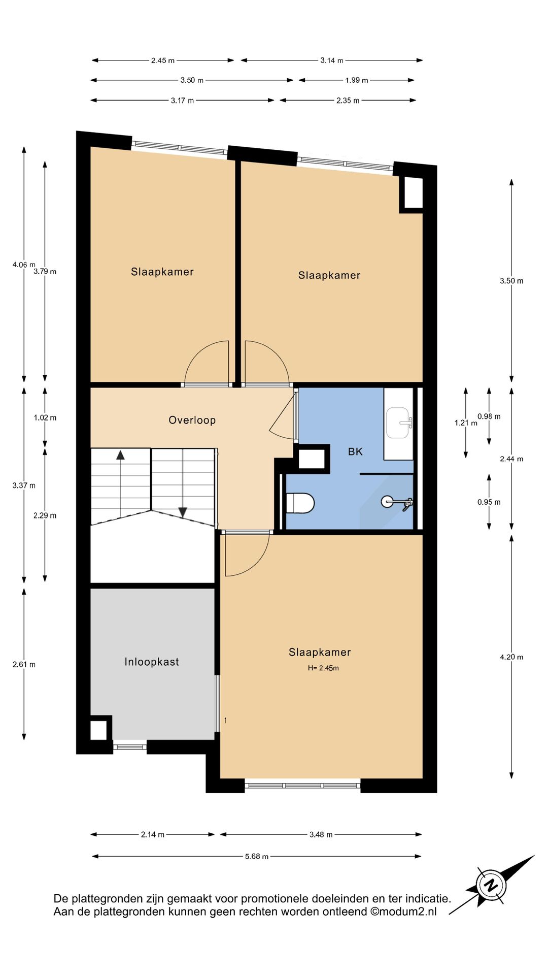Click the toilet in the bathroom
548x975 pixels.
300,503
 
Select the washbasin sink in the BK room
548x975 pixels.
399,422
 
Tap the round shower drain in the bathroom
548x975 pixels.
387,502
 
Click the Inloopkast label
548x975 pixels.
152,662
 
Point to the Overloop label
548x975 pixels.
192,420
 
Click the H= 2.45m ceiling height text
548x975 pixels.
323,668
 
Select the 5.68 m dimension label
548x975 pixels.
257,856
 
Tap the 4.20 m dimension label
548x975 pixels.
511,657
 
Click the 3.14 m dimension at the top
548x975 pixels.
332,60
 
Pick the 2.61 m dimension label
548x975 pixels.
24,664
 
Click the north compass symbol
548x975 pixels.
490,886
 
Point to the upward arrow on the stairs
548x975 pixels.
120,455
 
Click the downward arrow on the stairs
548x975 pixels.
183,512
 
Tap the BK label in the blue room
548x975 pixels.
355,451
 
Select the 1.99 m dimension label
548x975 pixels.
357,80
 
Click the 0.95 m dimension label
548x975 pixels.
489,502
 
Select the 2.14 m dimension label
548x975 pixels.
153,834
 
